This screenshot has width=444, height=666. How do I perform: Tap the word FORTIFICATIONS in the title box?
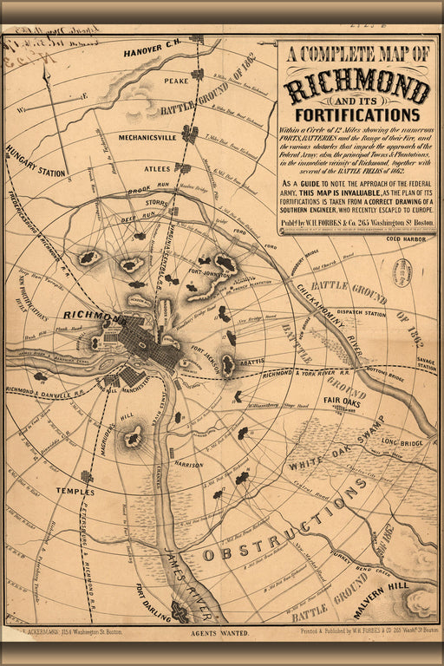356,114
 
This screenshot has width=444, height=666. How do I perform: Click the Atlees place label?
157,167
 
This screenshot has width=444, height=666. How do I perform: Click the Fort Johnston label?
212,277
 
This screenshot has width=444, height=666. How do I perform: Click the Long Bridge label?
400,441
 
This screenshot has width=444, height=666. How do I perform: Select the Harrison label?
187,464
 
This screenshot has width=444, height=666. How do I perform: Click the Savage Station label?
426,363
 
